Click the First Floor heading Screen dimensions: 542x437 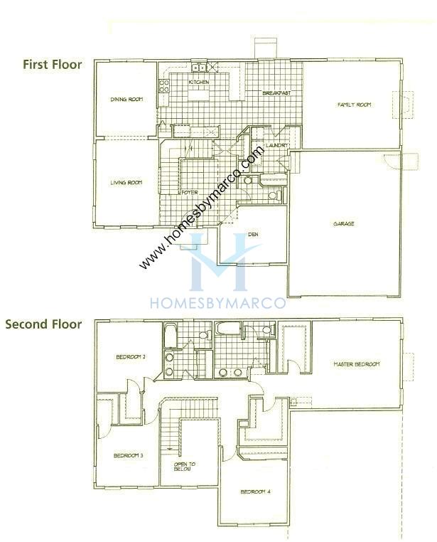point(53,65)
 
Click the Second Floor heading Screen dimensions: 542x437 point(43,324)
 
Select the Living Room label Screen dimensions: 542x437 point(126,183)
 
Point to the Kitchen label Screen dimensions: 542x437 point(199,83)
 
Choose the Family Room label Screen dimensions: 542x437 point(354,105)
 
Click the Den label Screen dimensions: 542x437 point(252,235)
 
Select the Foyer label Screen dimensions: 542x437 point(189,193)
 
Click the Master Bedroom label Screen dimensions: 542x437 point(356,364)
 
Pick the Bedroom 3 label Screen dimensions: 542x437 point(128,456)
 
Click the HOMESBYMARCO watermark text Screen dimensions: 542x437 point(217,302)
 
